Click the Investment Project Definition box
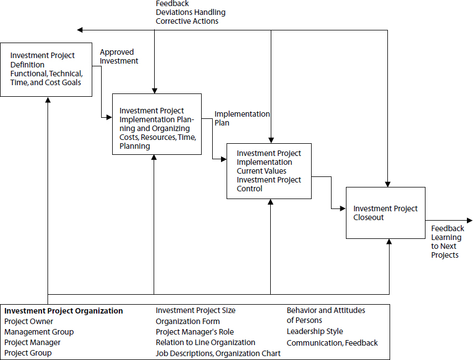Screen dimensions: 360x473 (x=46, y=69)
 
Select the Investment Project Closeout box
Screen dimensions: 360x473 (x=385, y=213)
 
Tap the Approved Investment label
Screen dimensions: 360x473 (x=119, y=56)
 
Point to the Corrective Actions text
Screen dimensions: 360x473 (x=187, y=21)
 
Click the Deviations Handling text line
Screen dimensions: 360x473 (x=190, y=12)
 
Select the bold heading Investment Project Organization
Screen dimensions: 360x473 (x=63, y=311)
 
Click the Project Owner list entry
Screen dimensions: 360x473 (x=29, y=321)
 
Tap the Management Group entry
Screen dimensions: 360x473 (x=39, y=332)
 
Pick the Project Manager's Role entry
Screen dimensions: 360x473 (x=195, y=332)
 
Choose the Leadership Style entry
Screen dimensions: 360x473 (x=314, y=331)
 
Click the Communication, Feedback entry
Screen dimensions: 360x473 (x=332, y=343)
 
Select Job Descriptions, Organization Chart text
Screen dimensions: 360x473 (x=218, y=353)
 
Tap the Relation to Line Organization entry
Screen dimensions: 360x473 (x=205, y=342)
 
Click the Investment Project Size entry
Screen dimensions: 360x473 (x=195, y=310)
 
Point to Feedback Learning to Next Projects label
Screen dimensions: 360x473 (x=446, y=242)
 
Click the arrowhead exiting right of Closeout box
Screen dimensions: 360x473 (x=469, y=220)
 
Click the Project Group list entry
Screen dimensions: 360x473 (x=28, y=353)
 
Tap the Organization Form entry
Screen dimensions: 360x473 (x=187, y=321)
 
